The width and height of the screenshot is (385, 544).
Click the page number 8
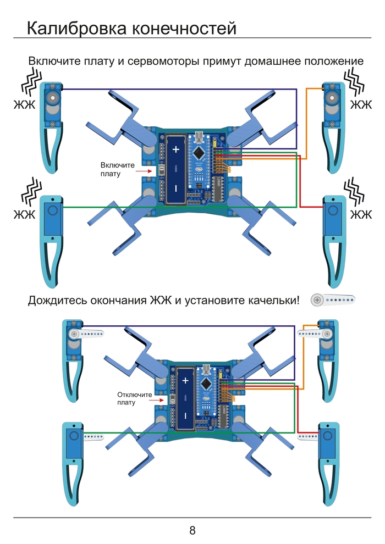click(193, 530)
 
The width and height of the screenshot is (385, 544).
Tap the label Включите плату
click(117, 169)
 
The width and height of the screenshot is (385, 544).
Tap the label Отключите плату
click(134, 398)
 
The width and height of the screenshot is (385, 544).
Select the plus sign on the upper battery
click(176, 149)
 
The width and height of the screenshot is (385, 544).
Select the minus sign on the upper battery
click(176, 188)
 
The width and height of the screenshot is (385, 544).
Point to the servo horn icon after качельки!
click(333, 299)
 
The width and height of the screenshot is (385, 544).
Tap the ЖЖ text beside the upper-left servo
click(24, 104)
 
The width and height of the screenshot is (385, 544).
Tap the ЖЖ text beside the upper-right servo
click(361, 104)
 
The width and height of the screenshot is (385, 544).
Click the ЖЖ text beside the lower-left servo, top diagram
click(24, 214)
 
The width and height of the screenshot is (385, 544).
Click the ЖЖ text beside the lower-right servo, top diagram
click(361, 214)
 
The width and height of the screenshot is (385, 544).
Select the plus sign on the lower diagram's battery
click(185, 380)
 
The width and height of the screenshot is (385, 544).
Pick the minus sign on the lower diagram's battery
click(185, 415)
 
